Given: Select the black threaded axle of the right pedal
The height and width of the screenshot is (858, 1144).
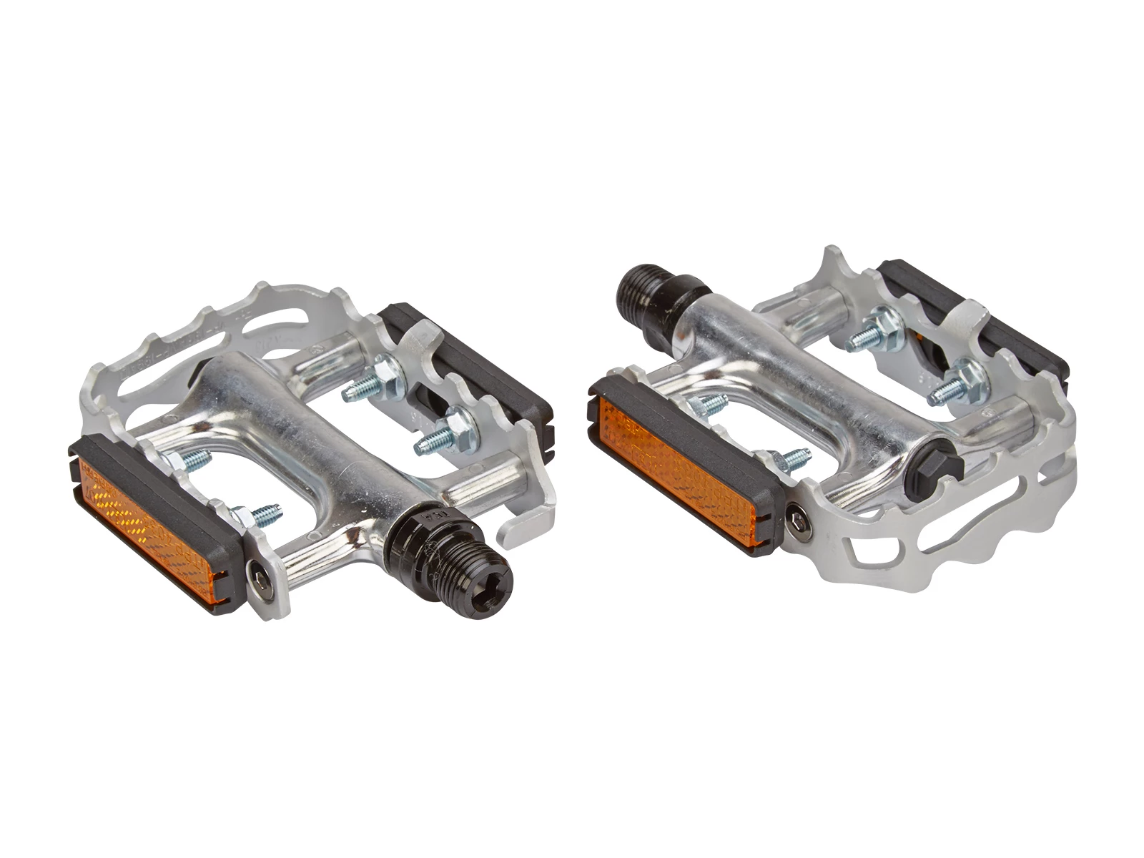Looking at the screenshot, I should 658,293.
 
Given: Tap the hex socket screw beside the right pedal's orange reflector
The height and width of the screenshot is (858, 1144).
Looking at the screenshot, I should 797,520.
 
